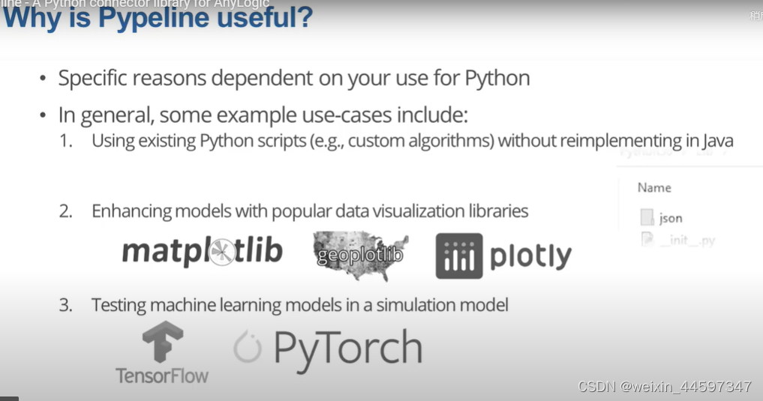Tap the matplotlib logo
tap(202, 252)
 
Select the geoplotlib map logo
tap(360, 255)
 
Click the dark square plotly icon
tap(459, 256)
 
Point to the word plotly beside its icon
tap(530, 256)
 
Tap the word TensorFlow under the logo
tap(162, 375)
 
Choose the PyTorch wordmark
tap(347, 349)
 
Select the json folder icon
tap(647, 218)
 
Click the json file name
tap(670, 218)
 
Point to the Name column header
tap(653, 187)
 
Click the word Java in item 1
tap(716, 140)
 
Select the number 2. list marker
tap(66, 211)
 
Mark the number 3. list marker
tap(66, 305)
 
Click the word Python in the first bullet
tap(497, 78)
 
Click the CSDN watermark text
tap(665, 387)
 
